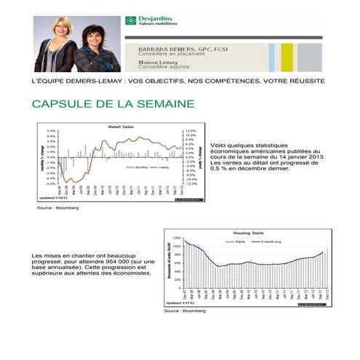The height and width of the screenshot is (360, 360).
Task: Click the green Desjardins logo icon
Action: [x=129, y=21]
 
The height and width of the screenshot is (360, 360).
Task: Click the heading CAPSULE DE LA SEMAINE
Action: [x=113, y=105]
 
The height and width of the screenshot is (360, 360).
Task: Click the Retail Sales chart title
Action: [x=120, y=127]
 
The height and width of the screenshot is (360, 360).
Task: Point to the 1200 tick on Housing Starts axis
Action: [x=175, y=239]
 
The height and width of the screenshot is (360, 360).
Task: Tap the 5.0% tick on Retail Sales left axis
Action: [x=51, y=131]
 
